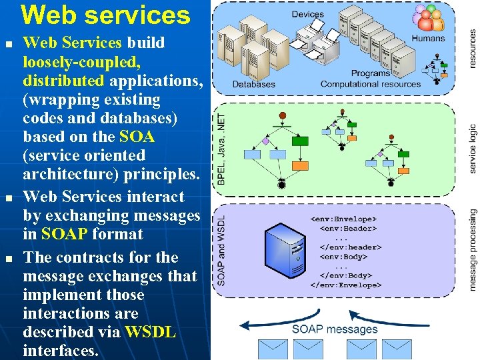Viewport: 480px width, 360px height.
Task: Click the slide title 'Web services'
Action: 105,15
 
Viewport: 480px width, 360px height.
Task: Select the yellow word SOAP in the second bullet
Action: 64,234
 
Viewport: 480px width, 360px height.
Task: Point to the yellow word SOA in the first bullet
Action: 137,137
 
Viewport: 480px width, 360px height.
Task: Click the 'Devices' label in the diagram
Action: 308,14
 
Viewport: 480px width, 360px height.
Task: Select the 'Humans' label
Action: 428,38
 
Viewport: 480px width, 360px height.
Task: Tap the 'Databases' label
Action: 253,84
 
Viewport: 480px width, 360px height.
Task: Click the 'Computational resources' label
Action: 370,84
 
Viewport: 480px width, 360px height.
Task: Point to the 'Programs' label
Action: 371,73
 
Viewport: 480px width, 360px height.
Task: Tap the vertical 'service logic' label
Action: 473,148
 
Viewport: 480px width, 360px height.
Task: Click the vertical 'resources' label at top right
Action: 473,47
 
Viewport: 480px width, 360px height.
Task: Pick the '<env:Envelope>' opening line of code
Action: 343,219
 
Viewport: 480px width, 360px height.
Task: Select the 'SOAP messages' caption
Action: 335,329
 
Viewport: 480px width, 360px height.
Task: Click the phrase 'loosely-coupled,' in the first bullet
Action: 81,62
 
